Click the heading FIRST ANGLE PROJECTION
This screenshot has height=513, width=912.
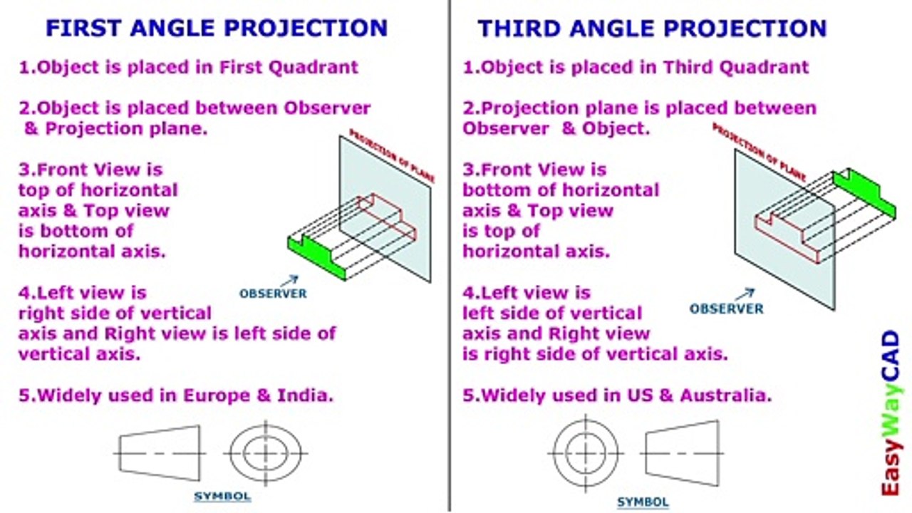click(x=217, y=28)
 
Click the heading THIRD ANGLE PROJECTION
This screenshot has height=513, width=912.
click(x=652, y=28)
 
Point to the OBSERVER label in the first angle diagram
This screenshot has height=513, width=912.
click(x=273, y=293)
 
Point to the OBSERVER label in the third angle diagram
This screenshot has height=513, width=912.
click(x=726, y=309)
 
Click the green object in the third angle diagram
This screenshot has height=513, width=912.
click(x=864, y=192)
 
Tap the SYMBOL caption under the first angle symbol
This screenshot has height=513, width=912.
click(x=222, y=496)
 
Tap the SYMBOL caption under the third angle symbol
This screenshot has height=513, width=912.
click(x=643, y=502)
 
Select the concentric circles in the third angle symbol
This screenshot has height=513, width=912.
click(x=586, y=453)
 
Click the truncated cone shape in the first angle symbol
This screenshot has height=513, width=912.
click(x=160, y=453)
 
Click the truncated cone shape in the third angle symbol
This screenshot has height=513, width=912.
click(x=682, y=453)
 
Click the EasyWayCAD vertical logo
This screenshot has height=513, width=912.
click(x=891, y=413)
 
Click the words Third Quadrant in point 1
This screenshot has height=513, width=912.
click(x=736, y=68)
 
